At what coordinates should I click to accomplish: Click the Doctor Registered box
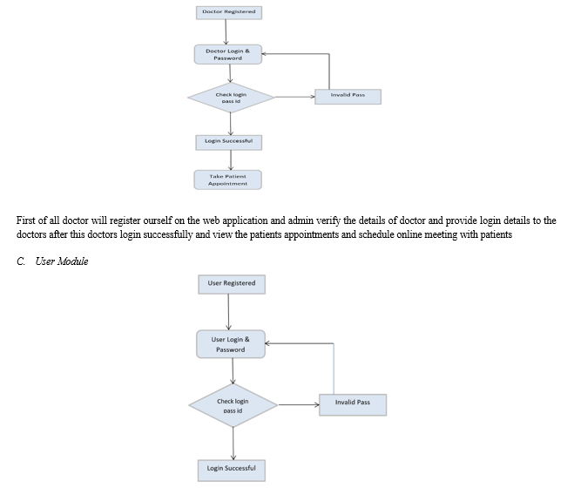point(229,12)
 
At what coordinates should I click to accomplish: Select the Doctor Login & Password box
point(228,55)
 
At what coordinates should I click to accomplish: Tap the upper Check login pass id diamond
point(231,98)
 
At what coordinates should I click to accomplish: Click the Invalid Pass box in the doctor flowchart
point(348,97)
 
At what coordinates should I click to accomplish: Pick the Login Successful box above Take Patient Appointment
point(229,143)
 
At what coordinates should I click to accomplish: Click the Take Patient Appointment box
point(227,180)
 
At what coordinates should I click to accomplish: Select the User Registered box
point(232,284)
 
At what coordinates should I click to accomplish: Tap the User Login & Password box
point(231,344)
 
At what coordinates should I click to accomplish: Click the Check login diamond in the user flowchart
point(233,405)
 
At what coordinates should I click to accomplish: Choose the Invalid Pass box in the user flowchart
point(353,405)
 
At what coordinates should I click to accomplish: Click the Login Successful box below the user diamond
point(232,471)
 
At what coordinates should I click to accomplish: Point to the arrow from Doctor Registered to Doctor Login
point(226,32)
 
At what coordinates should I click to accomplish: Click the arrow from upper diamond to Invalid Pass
point(294,97)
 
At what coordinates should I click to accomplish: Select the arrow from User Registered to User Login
point(228,312)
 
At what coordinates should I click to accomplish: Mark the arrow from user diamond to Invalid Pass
point(299,405)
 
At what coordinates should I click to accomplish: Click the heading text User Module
point(62,261)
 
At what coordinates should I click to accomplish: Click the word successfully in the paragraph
point(167,234)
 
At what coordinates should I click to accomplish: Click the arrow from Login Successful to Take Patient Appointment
point(231,160)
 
